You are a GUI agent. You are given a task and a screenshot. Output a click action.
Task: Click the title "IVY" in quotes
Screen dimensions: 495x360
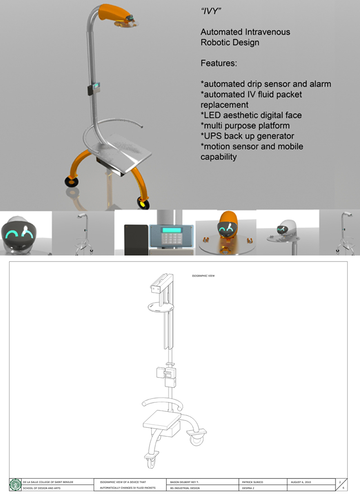tap(211, 12)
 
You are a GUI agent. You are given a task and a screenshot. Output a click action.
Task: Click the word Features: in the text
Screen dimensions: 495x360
tap(219, 63)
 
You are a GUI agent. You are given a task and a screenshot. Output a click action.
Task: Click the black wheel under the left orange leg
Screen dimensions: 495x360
tap(71, 182)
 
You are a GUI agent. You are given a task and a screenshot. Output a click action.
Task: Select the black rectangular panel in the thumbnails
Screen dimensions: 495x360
tap(136, 239)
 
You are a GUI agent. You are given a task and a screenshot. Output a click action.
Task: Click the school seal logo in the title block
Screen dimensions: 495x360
tap(15, 484)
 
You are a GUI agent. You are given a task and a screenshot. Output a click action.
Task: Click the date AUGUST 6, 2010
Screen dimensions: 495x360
tap(302, 482)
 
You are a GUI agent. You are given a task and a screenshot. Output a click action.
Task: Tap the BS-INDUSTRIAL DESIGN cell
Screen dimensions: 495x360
tap(185, 488)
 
